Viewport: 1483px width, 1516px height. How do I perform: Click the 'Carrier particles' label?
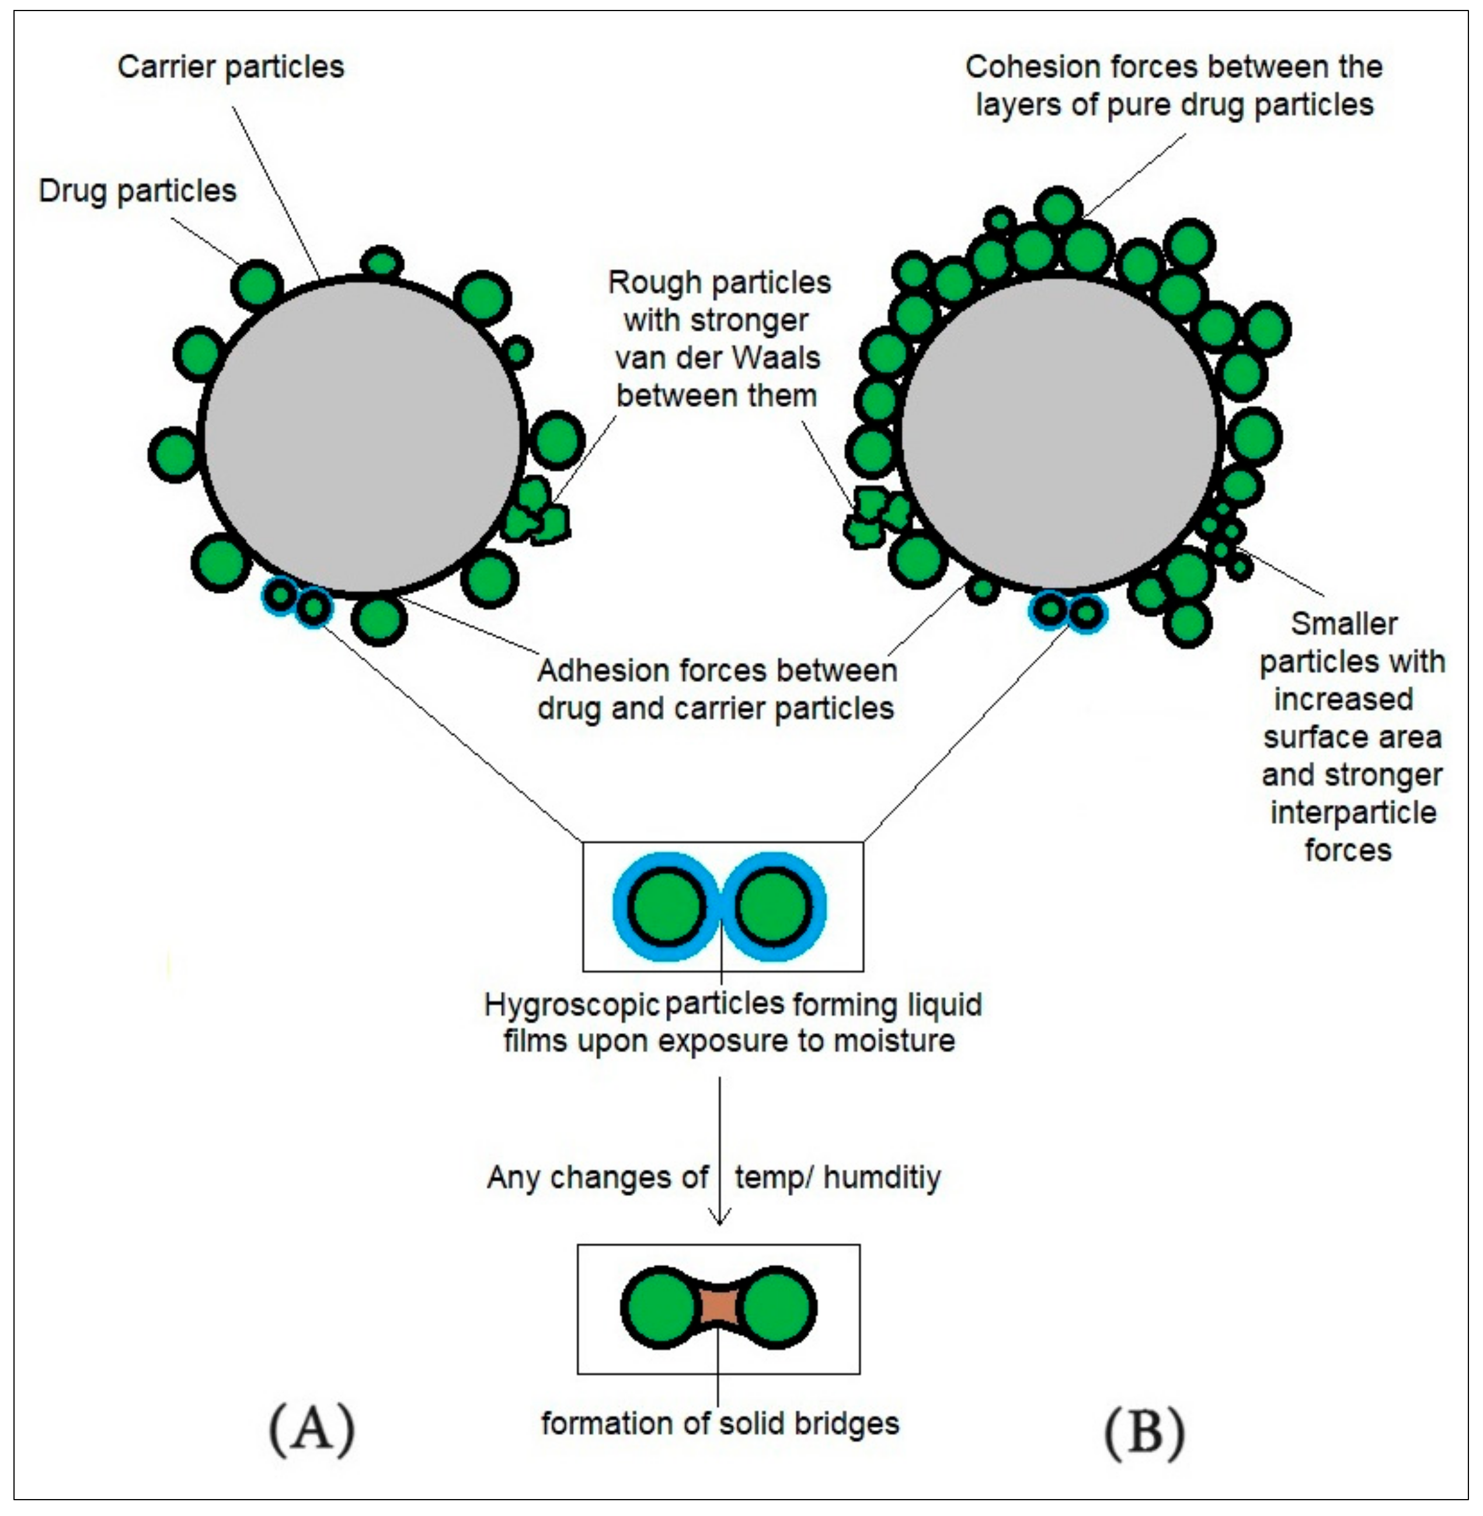(x=231, y=67)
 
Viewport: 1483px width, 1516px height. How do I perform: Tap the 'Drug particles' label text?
(x=137, y=191)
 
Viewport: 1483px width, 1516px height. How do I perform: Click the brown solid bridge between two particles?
(x=719, y=1308)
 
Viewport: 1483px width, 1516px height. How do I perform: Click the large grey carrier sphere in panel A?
(x=361, y=434)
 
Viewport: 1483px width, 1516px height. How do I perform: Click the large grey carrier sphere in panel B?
(x=1059, y=432)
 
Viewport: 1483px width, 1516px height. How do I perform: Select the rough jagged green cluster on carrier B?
(x=875, y=517)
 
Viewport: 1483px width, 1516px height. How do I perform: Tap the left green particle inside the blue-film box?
(x=667, y=906)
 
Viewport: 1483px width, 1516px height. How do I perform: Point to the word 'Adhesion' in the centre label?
(x=592, y=671)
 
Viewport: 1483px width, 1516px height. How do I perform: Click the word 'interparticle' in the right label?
(x=1353, y=812)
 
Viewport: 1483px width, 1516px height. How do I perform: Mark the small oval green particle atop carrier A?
(x=382, y=262)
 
